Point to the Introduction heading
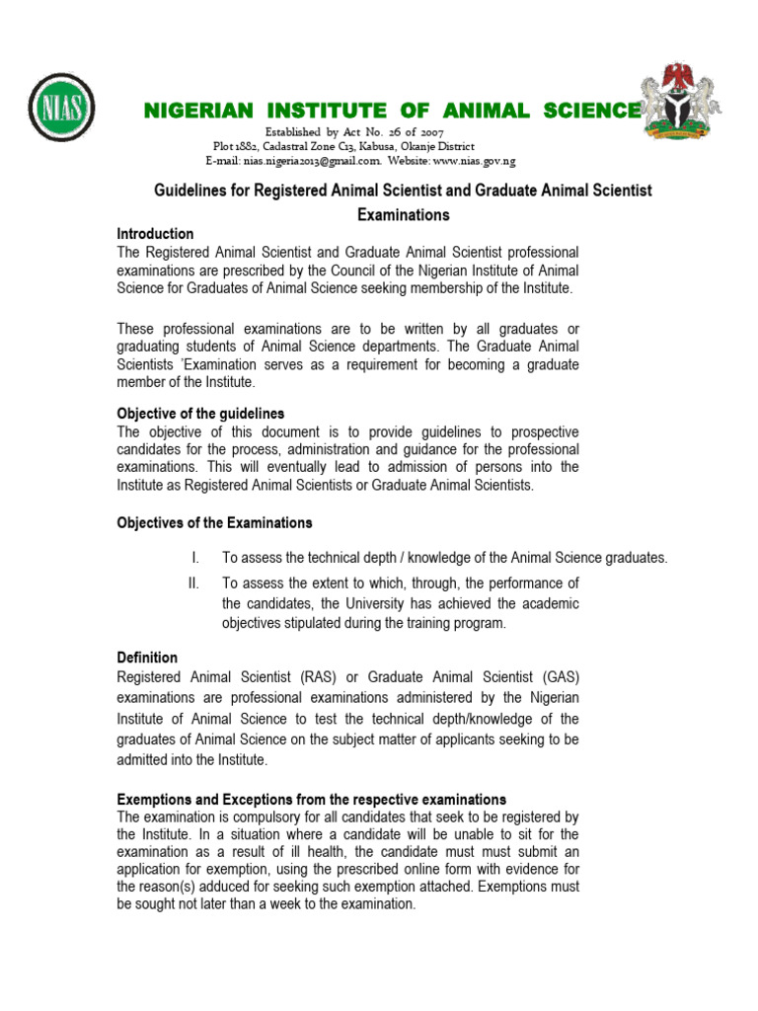155,234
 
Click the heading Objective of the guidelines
200,414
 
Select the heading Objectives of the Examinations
214,522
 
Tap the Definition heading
147,658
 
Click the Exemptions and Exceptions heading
311,799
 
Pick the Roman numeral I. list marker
195,558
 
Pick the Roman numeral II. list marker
193,583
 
